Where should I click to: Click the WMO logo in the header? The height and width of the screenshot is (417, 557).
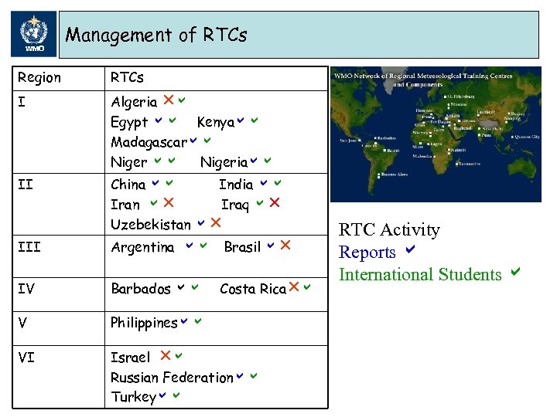34,35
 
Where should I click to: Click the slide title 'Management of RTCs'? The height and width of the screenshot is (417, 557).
156,35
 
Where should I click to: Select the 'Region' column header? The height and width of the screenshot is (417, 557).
39,78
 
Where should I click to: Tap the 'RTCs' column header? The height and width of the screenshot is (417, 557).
128,78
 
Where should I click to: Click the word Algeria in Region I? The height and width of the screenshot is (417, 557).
134,102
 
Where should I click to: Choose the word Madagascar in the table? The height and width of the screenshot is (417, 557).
149,142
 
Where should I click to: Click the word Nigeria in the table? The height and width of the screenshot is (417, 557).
224,162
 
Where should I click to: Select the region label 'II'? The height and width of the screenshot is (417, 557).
25,185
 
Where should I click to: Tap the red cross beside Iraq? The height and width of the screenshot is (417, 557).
274,204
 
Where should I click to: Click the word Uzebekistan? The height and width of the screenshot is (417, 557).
151,225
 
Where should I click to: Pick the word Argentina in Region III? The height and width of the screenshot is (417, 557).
143,247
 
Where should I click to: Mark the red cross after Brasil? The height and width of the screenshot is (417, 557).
285,246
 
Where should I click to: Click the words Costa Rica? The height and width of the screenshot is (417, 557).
252,289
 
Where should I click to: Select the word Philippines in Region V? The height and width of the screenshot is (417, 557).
145,323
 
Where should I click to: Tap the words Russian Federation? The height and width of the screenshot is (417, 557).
172,378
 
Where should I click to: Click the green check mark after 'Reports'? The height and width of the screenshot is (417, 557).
410,251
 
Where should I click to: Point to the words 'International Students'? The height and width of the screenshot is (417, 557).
420,274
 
